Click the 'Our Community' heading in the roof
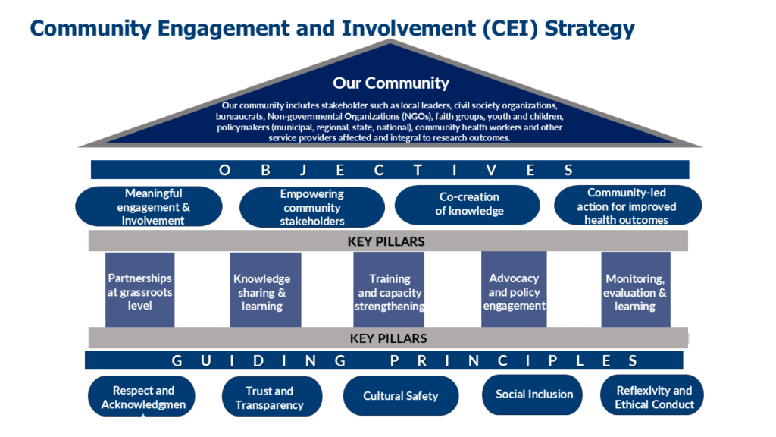coord(390,83)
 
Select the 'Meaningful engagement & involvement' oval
coord(149,206)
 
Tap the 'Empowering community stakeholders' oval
coord(311,207)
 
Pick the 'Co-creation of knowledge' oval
coord(468,204)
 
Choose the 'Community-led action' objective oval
coord(627,206)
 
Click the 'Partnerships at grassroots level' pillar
coord(140,291)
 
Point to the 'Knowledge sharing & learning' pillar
coord(262,292)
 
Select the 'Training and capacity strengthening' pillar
coord(390,292)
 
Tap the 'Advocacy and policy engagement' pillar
coord(514,291)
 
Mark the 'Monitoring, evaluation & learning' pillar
coord(635,292)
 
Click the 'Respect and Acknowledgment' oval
coord(142,397)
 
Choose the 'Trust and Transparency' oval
coord(269,397)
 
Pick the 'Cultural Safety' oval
coord(400,395)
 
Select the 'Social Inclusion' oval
coord(534,394)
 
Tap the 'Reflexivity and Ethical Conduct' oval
coord(654,396)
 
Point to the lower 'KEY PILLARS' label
coord(388,338)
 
